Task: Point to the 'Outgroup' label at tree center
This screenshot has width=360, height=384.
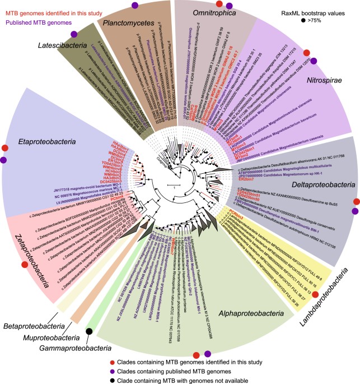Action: coord(162,163)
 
